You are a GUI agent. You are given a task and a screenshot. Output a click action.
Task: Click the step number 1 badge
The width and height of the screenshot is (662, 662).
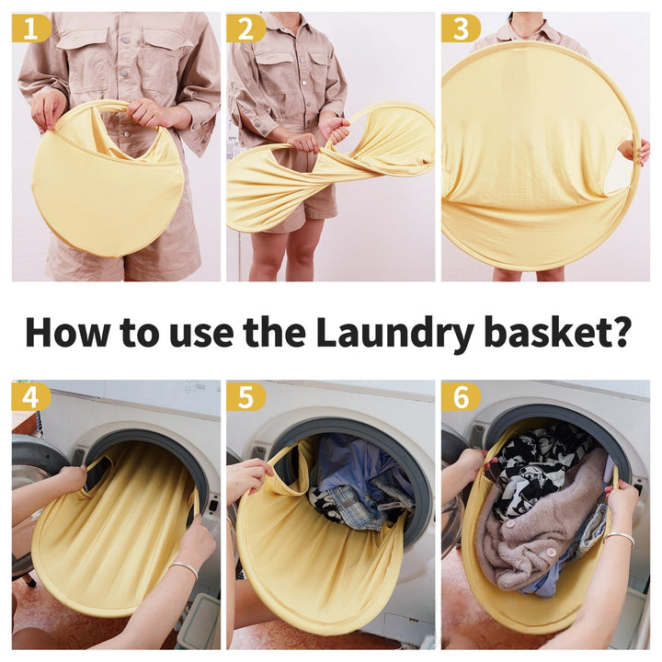[31, 29]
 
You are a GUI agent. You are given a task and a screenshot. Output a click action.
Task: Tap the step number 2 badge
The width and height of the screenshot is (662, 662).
[245, 29]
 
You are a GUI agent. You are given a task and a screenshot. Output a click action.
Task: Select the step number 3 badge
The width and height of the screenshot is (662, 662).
[461, 29]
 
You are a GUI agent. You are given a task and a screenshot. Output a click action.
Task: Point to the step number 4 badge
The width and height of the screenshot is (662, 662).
[31, 397]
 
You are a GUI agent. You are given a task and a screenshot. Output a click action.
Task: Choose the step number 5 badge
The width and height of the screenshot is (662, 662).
[245, 397]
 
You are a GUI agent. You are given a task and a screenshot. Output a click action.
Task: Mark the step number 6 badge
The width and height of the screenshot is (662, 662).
[461, 397]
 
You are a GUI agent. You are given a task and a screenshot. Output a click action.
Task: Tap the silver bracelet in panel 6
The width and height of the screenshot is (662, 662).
[620, 539]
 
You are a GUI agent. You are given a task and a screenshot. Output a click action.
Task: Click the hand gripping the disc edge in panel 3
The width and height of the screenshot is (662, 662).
[634, 152]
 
